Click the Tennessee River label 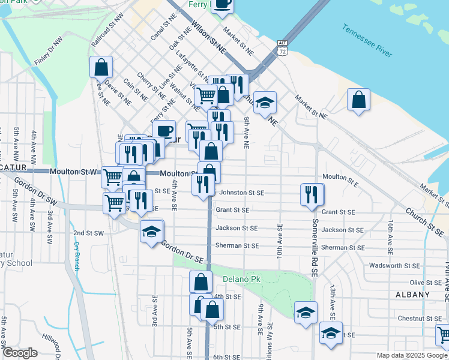click(367, 41)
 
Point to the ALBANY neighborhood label click(412, 295)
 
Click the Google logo click(20, 353)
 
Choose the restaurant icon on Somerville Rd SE click(311, 194)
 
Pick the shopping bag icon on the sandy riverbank click(358, 100)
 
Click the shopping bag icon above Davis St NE click(101, 67)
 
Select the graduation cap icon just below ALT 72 click(265, 103)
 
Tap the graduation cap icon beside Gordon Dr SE click(152, 231)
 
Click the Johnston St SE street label click(242, 193)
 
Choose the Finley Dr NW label click(48, 52)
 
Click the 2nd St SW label click(88, 233)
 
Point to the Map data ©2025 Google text click(411, 355)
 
